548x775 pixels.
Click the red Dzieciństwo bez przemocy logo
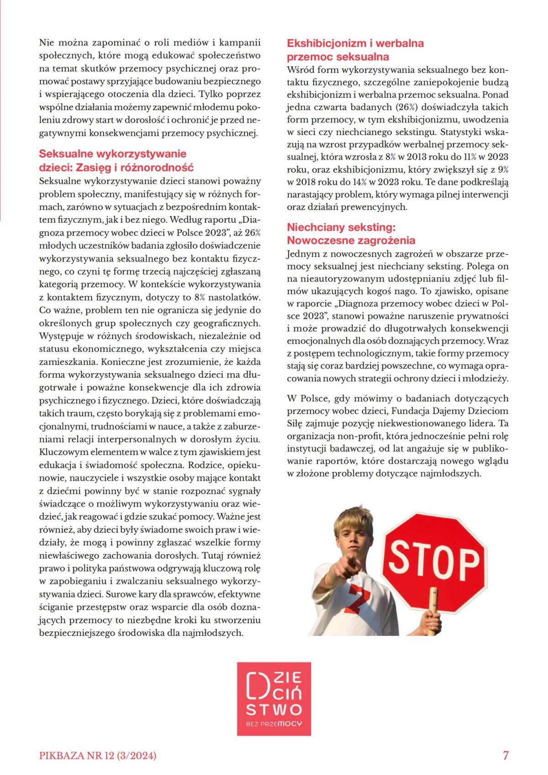274,699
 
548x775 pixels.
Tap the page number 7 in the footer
506,755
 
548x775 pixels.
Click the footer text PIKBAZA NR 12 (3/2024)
98,756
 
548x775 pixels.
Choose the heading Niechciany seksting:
341,227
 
